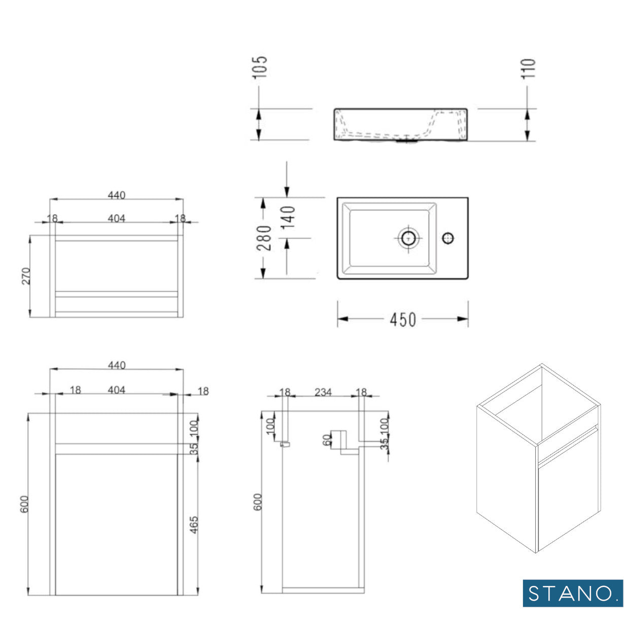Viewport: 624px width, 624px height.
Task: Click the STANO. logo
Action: [573, 593]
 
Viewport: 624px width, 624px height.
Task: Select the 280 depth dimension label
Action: [264, 238]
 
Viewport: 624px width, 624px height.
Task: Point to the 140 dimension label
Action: [288, 218]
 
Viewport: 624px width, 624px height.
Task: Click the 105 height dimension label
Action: [260, 67]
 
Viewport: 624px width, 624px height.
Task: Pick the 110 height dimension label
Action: [528, 68]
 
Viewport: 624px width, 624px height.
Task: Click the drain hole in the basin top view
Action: [408, 238]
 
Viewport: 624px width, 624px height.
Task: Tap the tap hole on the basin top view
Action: [448, 238]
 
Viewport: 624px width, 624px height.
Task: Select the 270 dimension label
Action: [26, 276]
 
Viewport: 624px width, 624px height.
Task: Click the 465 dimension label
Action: [194, 525]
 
